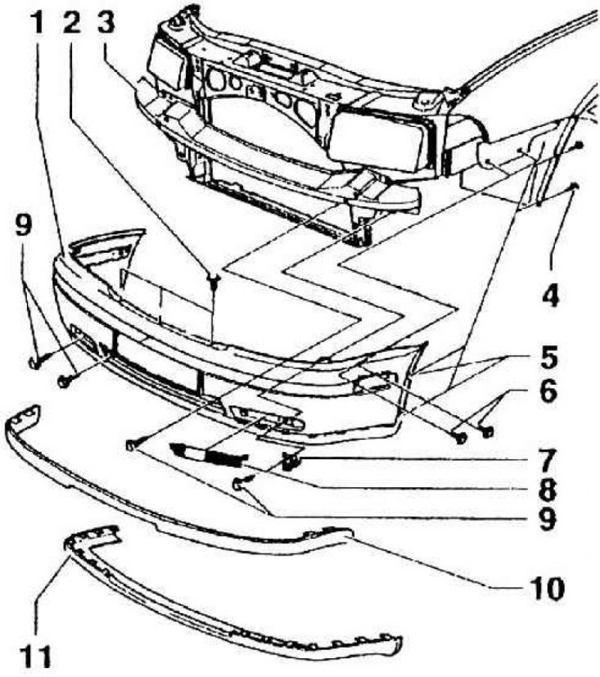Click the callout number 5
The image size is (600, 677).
pyautogui.click(x=550, y=357)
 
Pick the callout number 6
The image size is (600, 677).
pyautogui.click(x=549, y=391)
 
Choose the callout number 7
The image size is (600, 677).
pyautogui.click(x=547, y=460)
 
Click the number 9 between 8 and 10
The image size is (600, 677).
pyautogui.click(x=547, y=518)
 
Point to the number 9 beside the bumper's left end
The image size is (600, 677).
pyautogui.click(x=24, y=226)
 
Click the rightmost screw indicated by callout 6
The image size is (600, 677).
pyautogui.click(x=487, y=431)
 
